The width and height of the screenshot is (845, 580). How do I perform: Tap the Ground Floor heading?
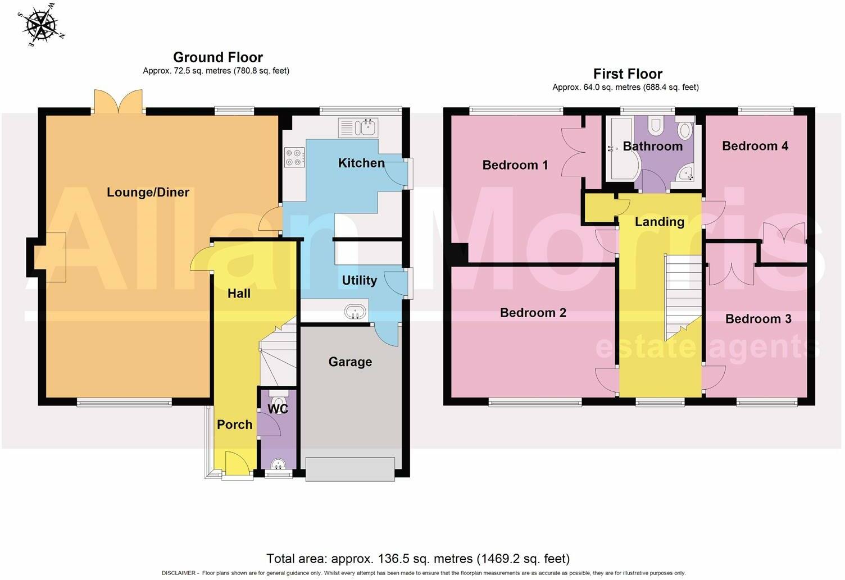(x=217, y=57)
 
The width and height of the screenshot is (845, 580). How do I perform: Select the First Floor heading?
(x=628, y=74)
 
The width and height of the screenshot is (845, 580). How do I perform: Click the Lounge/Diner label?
(x=148, y=193)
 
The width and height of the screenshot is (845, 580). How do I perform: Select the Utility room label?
(x=359, y=280)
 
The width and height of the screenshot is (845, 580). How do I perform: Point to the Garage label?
(x=350, y=362)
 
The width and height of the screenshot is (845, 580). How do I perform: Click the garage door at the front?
(x=350, y=469)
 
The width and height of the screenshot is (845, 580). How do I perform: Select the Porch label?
(x=234, y=424)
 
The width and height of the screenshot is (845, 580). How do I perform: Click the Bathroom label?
(x=652, y=147)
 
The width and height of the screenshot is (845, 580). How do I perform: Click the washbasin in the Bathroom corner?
(x=685, y=173)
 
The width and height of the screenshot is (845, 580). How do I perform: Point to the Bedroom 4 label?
(x=755, y=146)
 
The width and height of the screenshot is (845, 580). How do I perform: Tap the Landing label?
(x=659, y=222)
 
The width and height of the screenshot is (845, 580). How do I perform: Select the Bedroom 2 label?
(x=533, y=313)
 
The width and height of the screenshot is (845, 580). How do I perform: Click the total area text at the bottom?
(x=417, y=559)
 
